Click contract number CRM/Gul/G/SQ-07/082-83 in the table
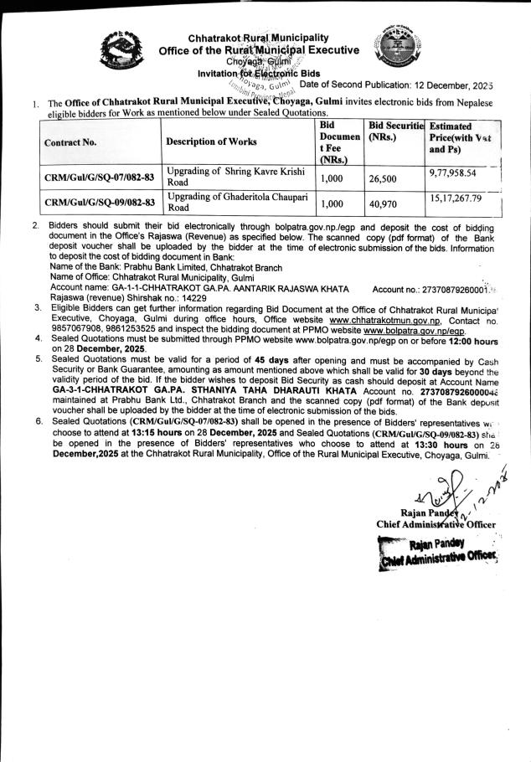tap(100, 178)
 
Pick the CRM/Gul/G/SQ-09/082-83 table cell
tap(100, 202)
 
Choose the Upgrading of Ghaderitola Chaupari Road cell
tap(237, 202)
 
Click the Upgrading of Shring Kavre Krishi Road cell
tap(237, 178)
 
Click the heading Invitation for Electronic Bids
tap(249, 73)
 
